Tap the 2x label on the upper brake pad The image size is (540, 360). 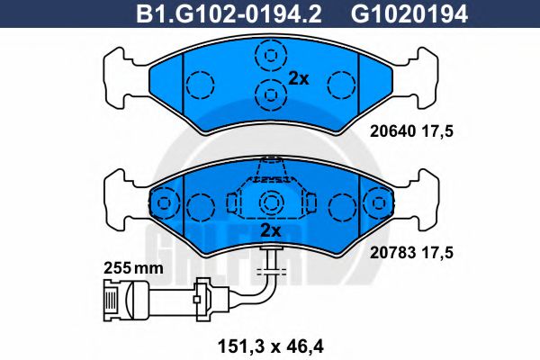[298, 78]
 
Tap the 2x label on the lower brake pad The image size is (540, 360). [270, 231]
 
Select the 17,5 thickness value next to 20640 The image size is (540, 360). [435, 130]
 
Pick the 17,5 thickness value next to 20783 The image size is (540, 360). [435, 256]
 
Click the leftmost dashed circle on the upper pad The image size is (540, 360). [200, 85]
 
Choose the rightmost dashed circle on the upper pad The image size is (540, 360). [339, 85]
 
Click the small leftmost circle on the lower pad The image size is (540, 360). [164, 204]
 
